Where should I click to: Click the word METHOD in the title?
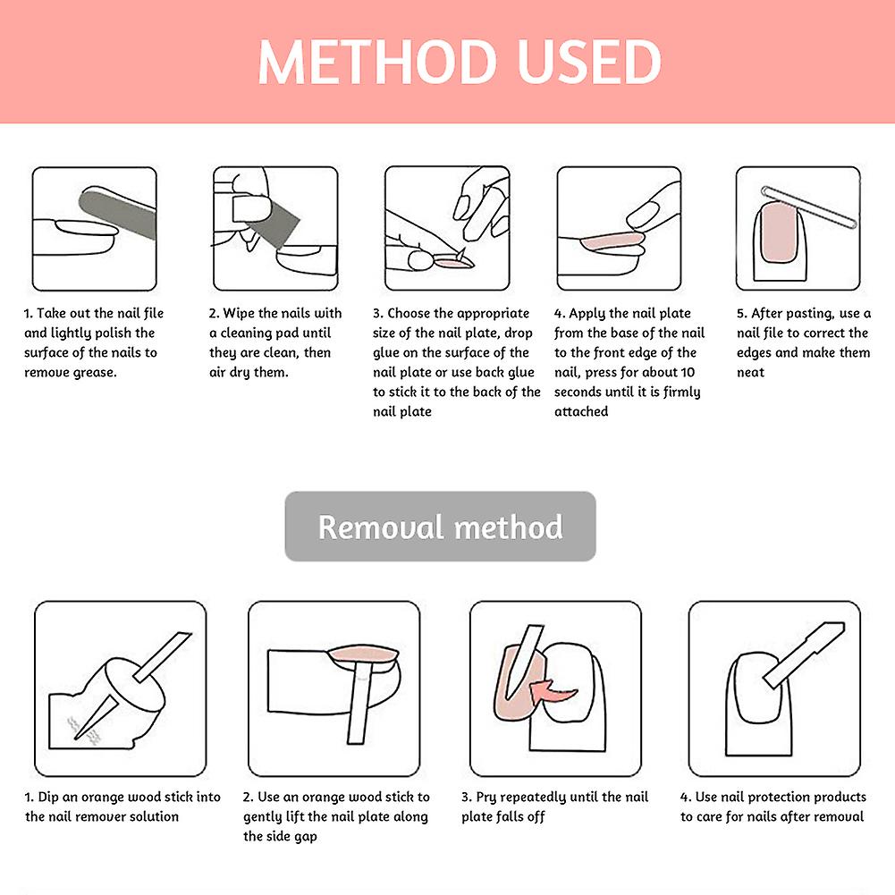tap(377, 62)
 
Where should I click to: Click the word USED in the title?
tap(589, 62)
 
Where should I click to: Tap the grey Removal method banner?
tap(440, 527)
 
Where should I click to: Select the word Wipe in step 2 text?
tap(239, 313)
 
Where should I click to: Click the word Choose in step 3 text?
tap(409, 313)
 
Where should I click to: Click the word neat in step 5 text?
tap(750, 373)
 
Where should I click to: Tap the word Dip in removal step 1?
tap(48, 798)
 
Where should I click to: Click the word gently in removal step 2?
tap(262, 817)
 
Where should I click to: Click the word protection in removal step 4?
tap(781, 798)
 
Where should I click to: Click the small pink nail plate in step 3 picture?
tap(454, 263)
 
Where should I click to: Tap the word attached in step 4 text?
tap(581, 411)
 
